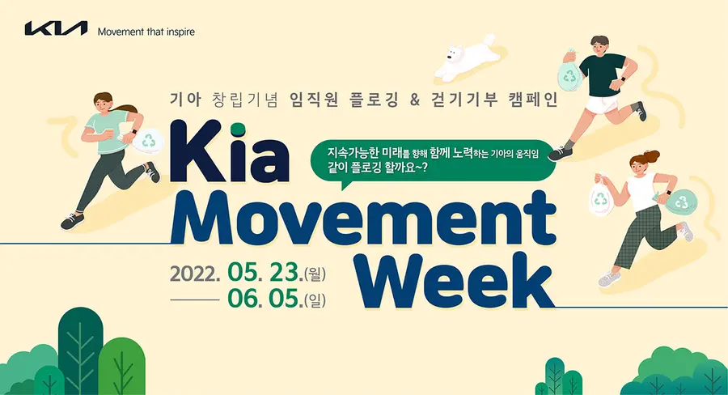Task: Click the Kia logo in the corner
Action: (56, 28)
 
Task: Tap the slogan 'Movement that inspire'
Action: (146, 32)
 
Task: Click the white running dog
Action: (466, 57)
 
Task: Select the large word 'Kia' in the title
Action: (230, 151)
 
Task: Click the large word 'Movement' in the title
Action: (363, 218)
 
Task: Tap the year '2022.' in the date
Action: (195, 274)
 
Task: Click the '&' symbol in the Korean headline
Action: (415, 100)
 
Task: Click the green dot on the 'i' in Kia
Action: (237, 128)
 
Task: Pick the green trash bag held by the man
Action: (569, 74)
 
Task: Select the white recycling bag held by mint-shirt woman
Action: (147, 140)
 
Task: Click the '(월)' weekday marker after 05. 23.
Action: (315, 274)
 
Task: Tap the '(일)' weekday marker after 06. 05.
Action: (315, 300)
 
